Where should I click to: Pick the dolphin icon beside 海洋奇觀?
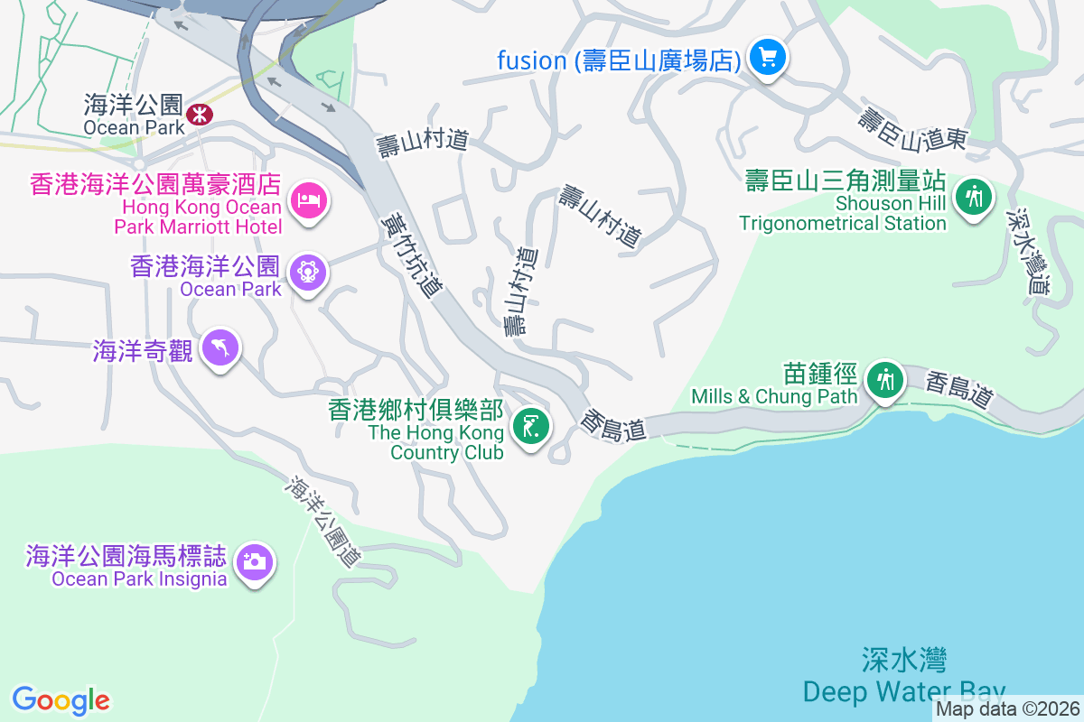coord(220,347)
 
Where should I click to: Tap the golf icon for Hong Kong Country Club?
coord(530,426)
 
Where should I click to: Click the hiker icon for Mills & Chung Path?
coord(885,380)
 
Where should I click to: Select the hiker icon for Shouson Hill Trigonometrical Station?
coord(974,195)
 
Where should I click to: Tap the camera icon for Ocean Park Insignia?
coord(254,562)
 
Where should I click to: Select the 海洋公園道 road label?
coord(323,521)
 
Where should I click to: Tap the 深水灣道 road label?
coord(1029,252)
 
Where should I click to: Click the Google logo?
coord(61,699)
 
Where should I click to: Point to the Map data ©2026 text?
coord(1007,709)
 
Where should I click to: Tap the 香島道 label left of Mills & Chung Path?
coord(614,425)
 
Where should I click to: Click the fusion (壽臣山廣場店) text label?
coord(619,60)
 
